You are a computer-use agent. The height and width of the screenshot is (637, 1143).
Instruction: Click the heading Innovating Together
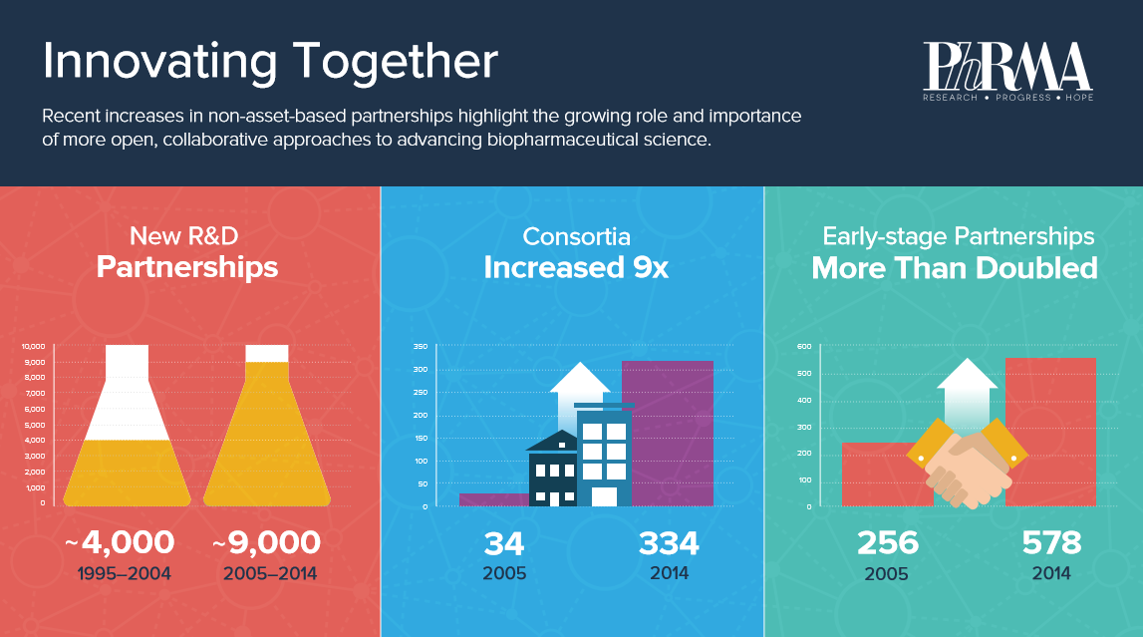coord(269,62)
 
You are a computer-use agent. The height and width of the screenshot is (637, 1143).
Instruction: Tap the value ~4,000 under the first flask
coord(120,543)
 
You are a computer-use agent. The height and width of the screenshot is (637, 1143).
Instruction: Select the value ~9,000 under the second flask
coord(267,543)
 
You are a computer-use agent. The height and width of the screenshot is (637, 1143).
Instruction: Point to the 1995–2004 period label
coord(125,574)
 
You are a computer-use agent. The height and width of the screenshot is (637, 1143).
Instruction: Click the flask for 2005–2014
coord(267,439)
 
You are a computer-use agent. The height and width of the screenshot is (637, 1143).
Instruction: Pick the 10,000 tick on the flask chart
coord(34,346)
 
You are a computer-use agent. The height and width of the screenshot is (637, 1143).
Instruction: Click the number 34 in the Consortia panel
coord(504,543)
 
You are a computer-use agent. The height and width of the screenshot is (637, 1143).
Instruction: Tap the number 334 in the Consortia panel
coord(669,543)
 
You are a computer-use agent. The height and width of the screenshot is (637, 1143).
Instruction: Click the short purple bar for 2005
coord(492,499)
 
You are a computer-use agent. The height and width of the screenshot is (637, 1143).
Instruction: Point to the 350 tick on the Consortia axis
coord(420,347)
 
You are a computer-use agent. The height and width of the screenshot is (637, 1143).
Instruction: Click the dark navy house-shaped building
coord(553,471)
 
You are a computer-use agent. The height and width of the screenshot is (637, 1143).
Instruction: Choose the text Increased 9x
coord(576,268)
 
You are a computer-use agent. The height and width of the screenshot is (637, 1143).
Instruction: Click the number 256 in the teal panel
coord(888,543)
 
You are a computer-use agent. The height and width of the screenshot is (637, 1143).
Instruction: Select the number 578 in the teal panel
coord(1051,543)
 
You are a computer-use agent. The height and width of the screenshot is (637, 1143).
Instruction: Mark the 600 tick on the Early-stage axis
coord(803,347)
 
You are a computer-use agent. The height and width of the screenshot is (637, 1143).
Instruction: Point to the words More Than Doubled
coord(955,268)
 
